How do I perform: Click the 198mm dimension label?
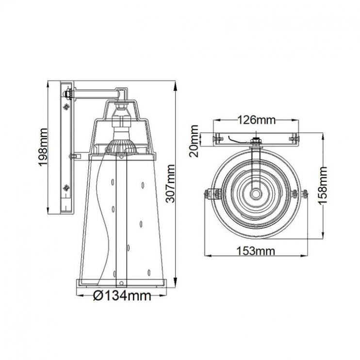point(43,147)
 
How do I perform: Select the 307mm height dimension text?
point(170,184)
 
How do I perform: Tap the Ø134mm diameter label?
point(122,295)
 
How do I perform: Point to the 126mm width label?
point(256,120)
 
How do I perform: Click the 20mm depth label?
point(194,141)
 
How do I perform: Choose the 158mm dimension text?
point(322,185)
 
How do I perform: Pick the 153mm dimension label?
point(256,251)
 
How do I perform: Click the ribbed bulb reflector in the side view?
point(121,147)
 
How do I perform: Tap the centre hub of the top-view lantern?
point(256,193)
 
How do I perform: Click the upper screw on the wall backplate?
point(66,107)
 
